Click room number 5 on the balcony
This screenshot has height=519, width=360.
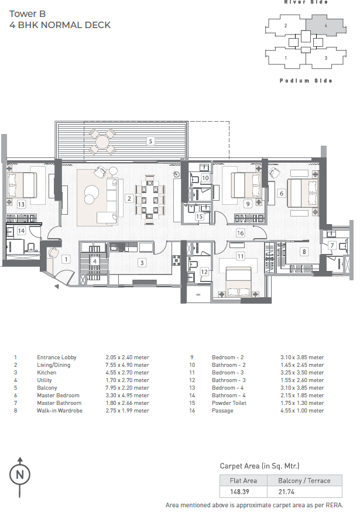pyautogui.click(x=150, y=142)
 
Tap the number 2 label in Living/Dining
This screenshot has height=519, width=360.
pyautogui.click(x=129, y=198)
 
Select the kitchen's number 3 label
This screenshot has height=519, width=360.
pyautogui.click(x=142, y=263)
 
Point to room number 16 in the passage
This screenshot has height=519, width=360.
pyautogui.click(x=241, y=233)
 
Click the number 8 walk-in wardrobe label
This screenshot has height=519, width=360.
pyautogui.click(x=304, y=252)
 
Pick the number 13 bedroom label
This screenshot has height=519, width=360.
pyautogui.click(x=21, y=204)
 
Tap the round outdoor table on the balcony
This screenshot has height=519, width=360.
pyautogui.click(x=102, y=142)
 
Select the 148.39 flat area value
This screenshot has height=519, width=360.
pyautogui.click(x=239, y=492)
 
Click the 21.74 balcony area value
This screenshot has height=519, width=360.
pyautogui.click(x=286, y=492)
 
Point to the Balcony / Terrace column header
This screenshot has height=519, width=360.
pyautogui.click(x=304, y=480)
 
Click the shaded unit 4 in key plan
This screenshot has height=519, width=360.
pyautogui.click(x=325, y=26)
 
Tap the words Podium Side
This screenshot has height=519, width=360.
pyautogui.click(x=306, y=81)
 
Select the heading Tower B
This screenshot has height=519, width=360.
pyautogui.click(x=28, y=14)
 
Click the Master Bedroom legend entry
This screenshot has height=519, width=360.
pyautogui.click(x=59, y=396)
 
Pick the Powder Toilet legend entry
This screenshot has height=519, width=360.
pyautogui.click(x=229, y=403)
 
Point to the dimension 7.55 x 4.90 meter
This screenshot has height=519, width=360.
pyautogui.click(x=127, y=365)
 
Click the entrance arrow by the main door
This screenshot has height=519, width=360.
pyautogui.click(x=57, y=287)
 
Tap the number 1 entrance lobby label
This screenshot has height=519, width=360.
pyautogui.click(x=66, y=259)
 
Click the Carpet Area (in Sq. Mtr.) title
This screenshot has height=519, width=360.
pyautogui.click(x=259, y=466)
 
